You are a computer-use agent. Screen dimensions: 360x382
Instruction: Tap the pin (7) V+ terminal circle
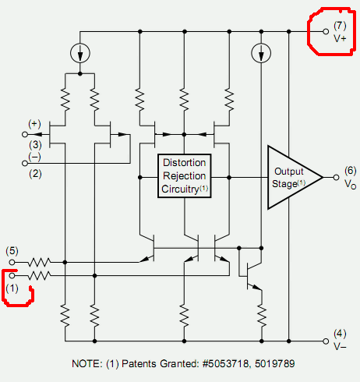click(326, 31)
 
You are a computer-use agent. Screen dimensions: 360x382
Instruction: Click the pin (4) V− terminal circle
click(326, 341)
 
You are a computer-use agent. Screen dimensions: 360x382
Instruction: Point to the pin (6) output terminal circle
click(336, 178)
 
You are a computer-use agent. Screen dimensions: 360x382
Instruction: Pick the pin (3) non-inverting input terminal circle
click(25, 134)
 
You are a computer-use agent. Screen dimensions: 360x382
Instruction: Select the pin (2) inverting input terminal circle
click(25, 163)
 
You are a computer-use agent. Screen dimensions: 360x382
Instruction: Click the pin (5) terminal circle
click(12, 262)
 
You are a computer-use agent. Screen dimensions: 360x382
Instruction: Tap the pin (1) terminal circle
click(12, 275)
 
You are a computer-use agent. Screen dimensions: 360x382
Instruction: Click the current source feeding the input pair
click(80, 53)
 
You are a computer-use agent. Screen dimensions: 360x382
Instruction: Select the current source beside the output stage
click(261, 53)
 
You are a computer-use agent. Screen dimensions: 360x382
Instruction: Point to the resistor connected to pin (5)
click(39, 262)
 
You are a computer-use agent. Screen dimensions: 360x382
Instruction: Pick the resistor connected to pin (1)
click(39, 275)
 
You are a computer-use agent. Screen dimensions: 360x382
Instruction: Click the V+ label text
click(340, 39)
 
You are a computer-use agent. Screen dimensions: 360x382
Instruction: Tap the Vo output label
click(350, 184)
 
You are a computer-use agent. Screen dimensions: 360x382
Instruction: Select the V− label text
click(340, 346)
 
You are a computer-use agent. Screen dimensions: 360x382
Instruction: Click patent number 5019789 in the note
click(275, 363)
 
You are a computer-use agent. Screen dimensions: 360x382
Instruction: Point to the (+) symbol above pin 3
click(34, 124)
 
